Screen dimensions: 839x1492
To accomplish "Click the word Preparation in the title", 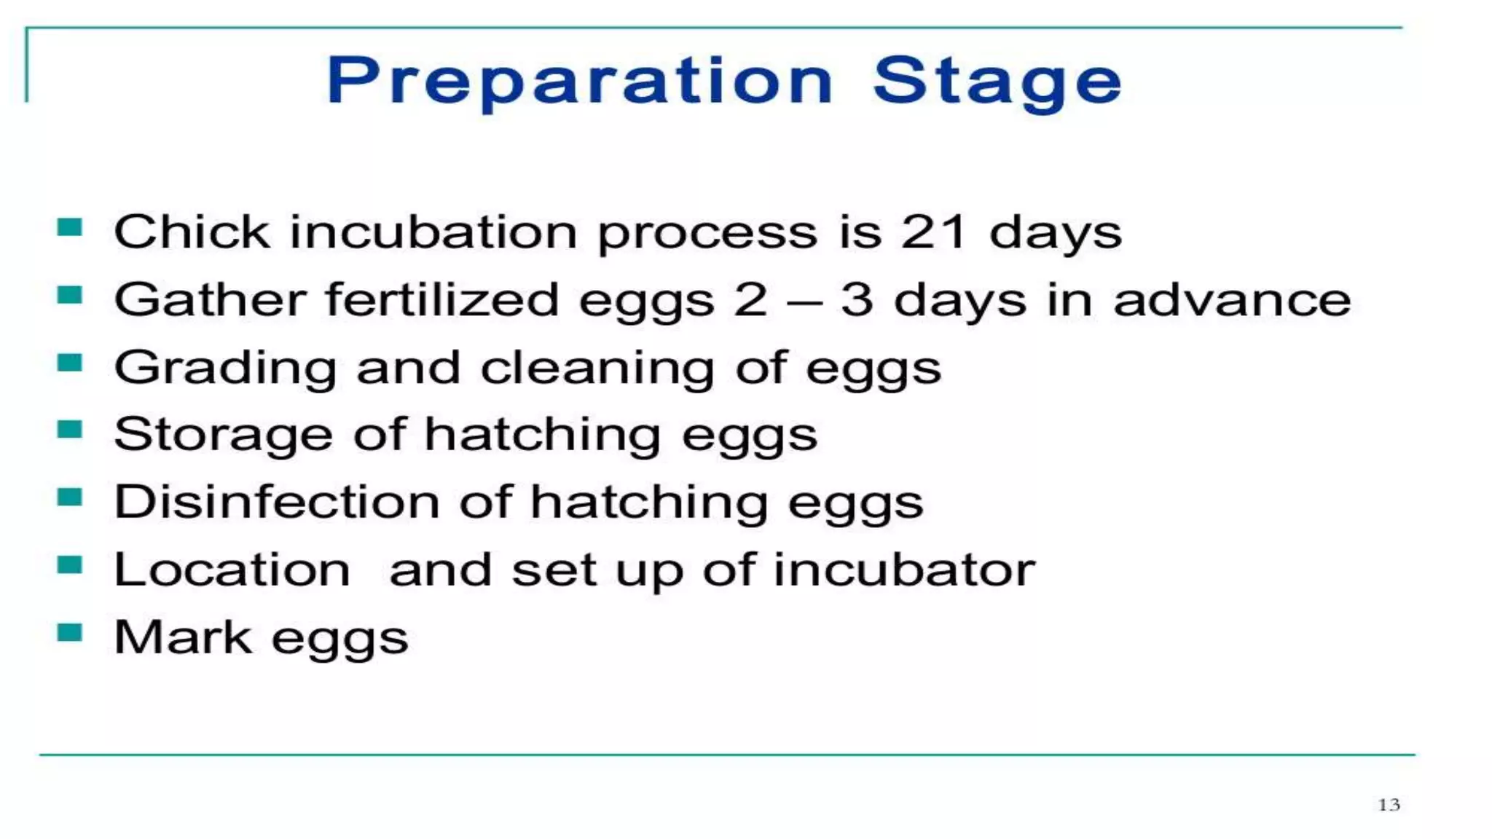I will [x=579, y=81].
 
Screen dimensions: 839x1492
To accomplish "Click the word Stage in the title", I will [x=997, y=81].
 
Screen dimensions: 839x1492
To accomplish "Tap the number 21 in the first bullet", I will [x=934, y=232].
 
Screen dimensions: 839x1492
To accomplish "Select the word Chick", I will [x=192, y=232].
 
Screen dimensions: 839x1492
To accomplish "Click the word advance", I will [x=1232, y=300].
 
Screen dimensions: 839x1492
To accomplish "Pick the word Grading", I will [x=225, y=368].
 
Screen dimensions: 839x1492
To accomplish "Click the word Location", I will [x=232, y=570].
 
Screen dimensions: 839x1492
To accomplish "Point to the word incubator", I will [x=903, y=570].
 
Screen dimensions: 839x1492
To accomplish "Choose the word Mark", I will [x=183, y=637].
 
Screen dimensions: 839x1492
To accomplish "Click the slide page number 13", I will [x=1389, y=805].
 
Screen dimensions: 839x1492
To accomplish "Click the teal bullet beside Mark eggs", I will [x=70, y=632].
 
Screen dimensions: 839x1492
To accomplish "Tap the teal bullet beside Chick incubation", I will [x=70, y=228].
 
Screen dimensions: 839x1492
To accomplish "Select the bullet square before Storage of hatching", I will [x=70, y=430].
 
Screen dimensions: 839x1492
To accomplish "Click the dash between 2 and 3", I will [x=804, y=302].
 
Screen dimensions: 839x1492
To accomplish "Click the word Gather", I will [x=211, y=300].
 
